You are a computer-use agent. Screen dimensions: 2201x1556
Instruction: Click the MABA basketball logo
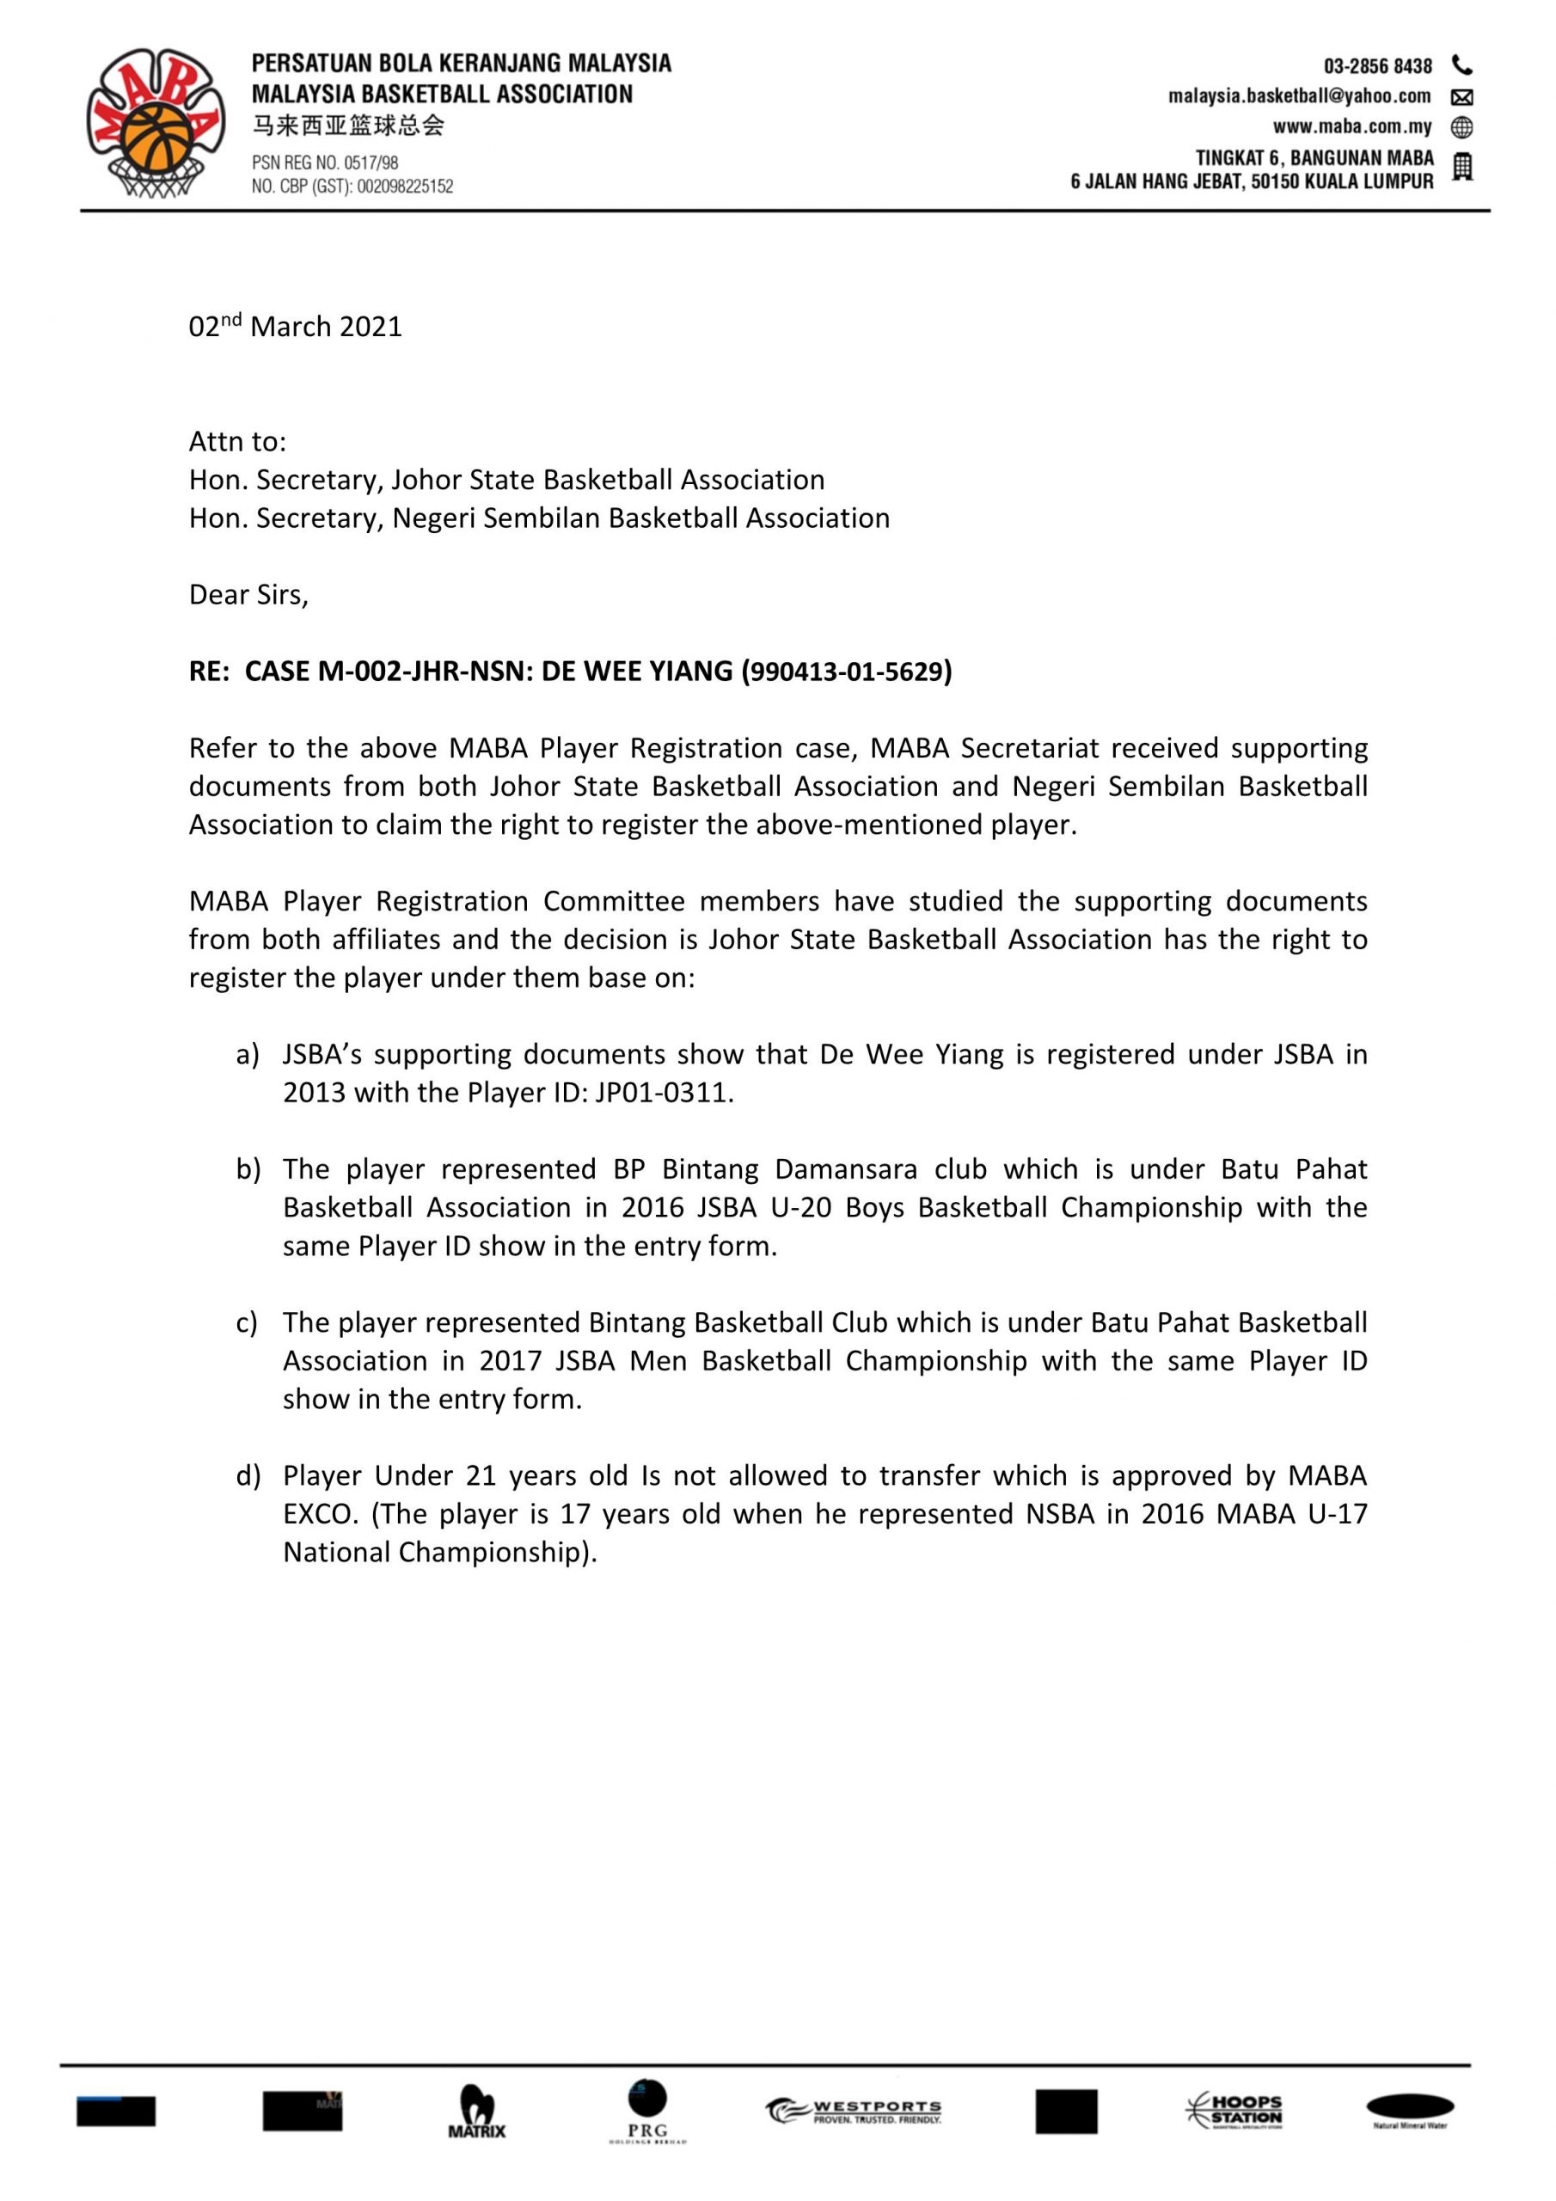[156, 123]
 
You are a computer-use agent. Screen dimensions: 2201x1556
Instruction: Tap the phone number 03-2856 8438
[1378, 66]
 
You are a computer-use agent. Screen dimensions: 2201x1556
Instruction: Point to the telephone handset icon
[1462, 65]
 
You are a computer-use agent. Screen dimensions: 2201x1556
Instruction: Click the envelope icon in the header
[1462, 97]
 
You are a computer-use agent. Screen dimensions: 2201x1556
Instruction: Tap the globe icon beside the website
[1462, 126]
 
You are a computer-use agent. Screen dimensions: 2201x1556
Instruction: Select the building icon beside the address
[1462, 168]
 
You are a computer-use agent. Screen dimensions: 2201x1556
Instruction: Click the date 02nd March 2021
[295, 327]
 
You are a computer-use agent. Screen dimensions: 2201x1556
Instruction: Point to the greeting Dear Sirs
[248, 595]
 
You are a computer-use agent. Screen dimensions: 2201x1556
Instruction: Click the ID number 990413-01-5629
[847, 672]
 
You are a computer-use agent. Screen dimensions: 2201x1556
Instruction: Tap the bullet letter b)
[248, 1169]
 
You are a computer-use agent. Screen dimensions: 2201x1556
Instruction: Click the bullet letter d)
[248, 1475]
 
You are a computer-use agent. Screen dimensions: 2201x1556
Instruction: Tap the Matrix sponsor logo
[476, 2112]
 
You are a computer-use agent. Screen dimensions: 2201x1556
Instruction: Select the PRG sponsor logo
[648, 2110]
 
